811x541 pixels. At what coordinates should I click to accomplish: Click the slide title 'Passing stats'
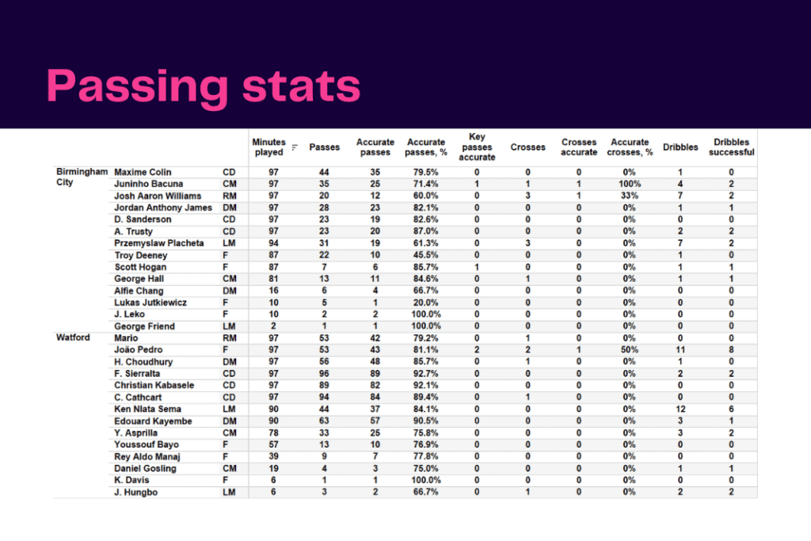pyautogui.click(x=204, y=87)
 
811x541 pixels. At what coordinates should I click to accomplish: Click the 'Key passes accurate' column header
pyautogui.click(x=477, y=147)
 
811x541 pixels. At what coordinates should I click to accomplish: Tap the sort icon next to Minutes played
pyautogui.click(x=295, y=147)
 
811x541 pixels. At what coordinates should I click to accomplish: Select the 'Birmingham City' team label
pyautogui.click(x=82, y=177)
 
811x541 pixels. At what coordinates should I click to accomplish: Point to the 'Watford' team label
pyautogui.click(x=73, y=337)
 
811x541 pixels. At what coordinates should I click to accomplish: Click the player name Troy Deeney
pyautogui.click(x=141, y=255)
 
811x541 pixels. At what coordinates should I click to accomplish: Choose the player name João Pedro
pyautogui.click(x=138, y=349)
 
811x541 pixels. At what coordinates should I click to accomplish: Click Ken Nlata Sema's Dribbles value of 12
pyautogui.click(x=680, y=409)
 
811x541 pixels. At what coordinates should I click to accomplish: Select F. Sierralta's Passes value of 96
pyautogui.click(x=324, y=373)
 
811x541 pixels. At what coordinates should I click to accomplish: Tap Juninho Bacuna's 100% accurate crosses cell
pyautogui.click(x=630, y=184)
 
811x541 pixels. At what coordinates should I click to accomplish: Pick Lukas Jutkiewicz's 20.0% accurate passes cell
pyautogui.click(x=425, y=303)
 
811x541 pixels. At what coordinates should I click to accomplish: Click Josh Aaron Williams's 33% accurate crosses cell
pyautogui.click(x=630, y=196)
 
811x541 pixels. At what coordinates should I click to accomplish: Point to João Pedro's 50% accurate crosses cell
pyautogui.click(x=630, y=349)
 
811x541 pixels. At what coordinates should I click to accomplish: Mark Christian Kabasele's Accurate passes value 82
pyautogui.click(x=375, y=385)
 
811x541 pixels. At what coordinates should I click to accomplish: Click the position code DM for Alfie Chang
pyautogui.click(x=230, y=291)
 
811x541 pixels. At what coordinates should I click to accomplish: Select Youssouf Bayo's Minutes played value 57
pyautogui.click(x=273, y=444)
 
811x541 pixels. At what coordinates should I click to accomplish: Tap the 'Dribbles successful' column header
pyautogui.click(x=731, y=147)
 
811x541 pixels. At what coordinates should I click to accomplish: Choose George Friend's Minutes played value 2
pyautogui.click(x=273, y=326)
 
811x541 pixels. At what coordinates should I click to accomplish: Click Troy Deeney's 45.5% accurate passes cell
pyautogui.click(x=425, y=255)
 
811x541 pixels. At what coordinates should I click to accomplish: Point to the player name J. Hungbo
pyautogui.click(x=135, y=493)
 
